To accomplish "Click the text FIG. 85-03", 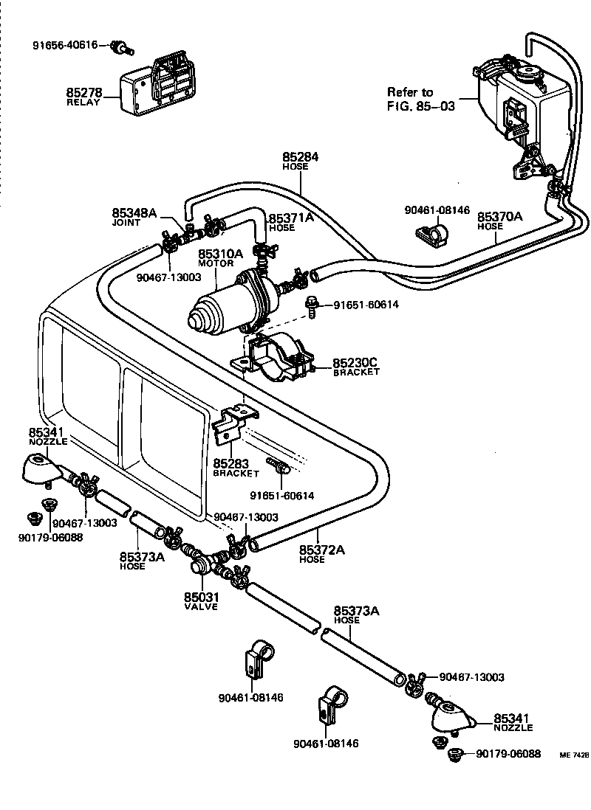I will point(421,105).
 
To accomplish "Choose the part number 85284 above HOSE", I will point(300,156).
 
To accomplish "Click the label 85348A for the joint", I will point(134,213).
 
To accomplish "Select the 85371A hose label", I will point(290,218).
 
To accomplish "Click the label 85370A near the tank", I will point(499,217).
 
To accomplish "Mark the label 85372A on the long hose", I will point(322,550).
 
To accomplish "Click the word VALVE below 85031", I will point(201,606).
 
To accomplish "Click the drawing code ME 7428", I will point(574,755).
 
